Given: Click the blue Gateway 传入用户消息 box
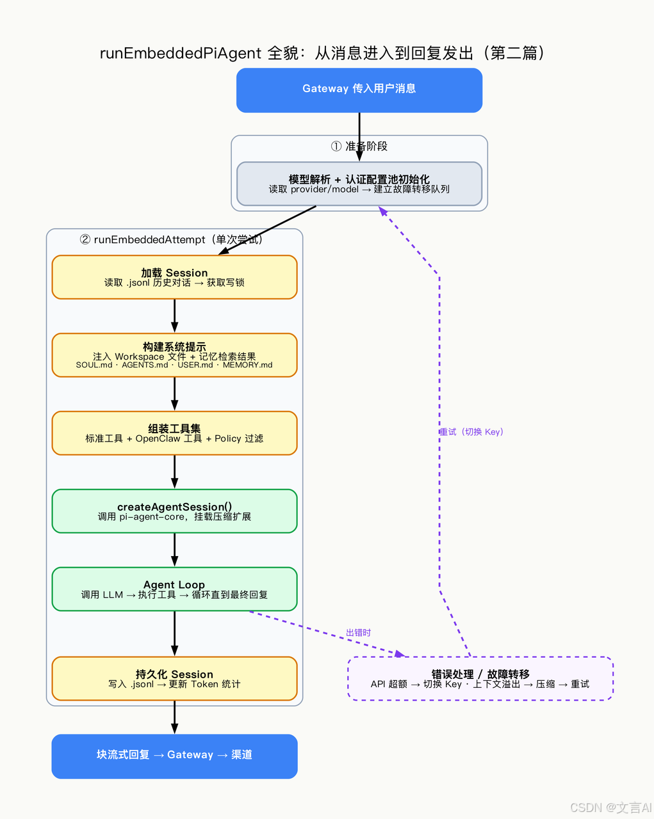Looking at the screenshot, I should coord(359,90).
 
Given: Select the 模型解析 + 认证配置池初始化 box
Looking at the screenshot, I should coord(359,184).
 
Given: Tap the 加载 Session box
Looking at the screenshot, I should coord(174,277).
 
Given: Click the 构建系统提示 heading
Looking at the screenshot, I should coord(174,347).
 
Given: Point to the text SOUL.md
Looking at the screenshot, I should coord(94,365).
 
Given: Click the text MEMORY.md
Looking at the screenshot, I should coord(248,365).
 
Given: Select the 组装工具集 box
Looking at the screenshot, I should coord(174,433).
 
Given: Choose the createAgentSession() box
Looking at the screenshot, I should coord(174,511).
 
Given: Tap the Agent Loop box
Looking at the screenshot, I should coord(174,589).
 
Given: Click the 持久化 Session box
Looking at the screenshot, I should coord(174,679).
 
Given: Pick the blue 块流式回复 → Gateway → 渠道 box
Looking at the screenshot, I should coord(174,756).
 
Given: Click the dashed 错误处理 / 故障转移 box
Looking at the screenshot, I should coord(480,679).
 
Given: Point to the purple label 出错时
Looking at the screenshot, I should coord(358,633).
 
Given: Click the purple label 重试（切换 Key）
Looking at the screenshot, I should coord(471,432).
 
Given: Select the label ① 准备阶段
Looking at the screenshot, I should coord(359,147).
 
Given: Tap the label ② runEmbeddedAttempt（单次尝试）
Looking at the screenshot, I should coord(171,240).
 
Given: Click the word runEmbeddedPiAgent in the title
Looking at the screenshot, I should coord(181,53).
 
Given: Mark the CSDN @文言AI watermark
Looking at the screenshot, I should coord(610,807).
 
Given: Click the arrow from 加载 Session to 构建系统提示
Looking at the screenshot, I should coord(174,316).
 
